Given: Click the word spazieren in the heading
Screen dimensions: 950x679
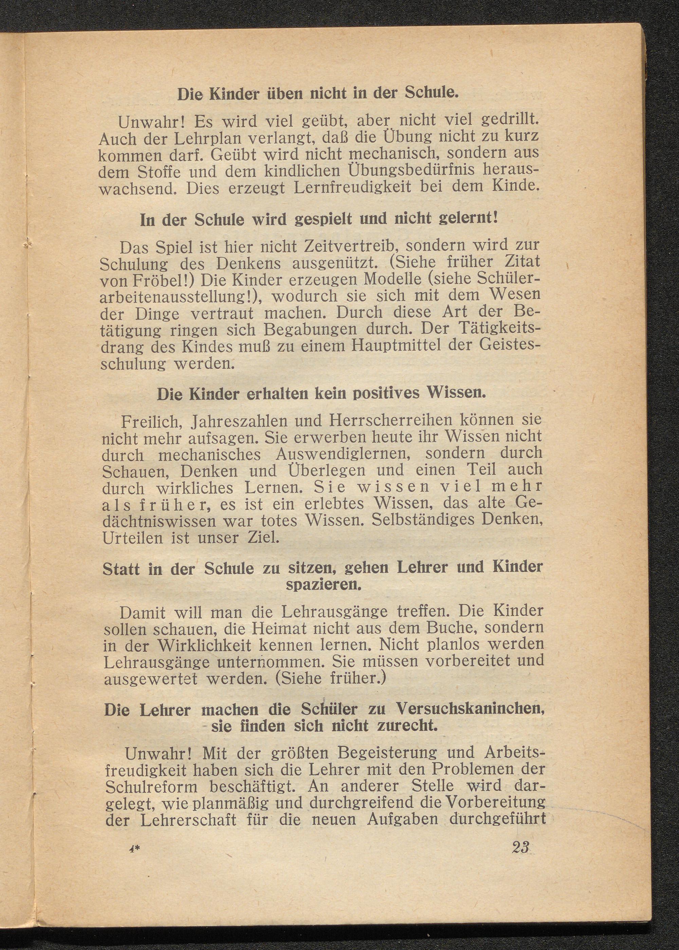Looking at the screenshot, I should coord(323,585).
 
